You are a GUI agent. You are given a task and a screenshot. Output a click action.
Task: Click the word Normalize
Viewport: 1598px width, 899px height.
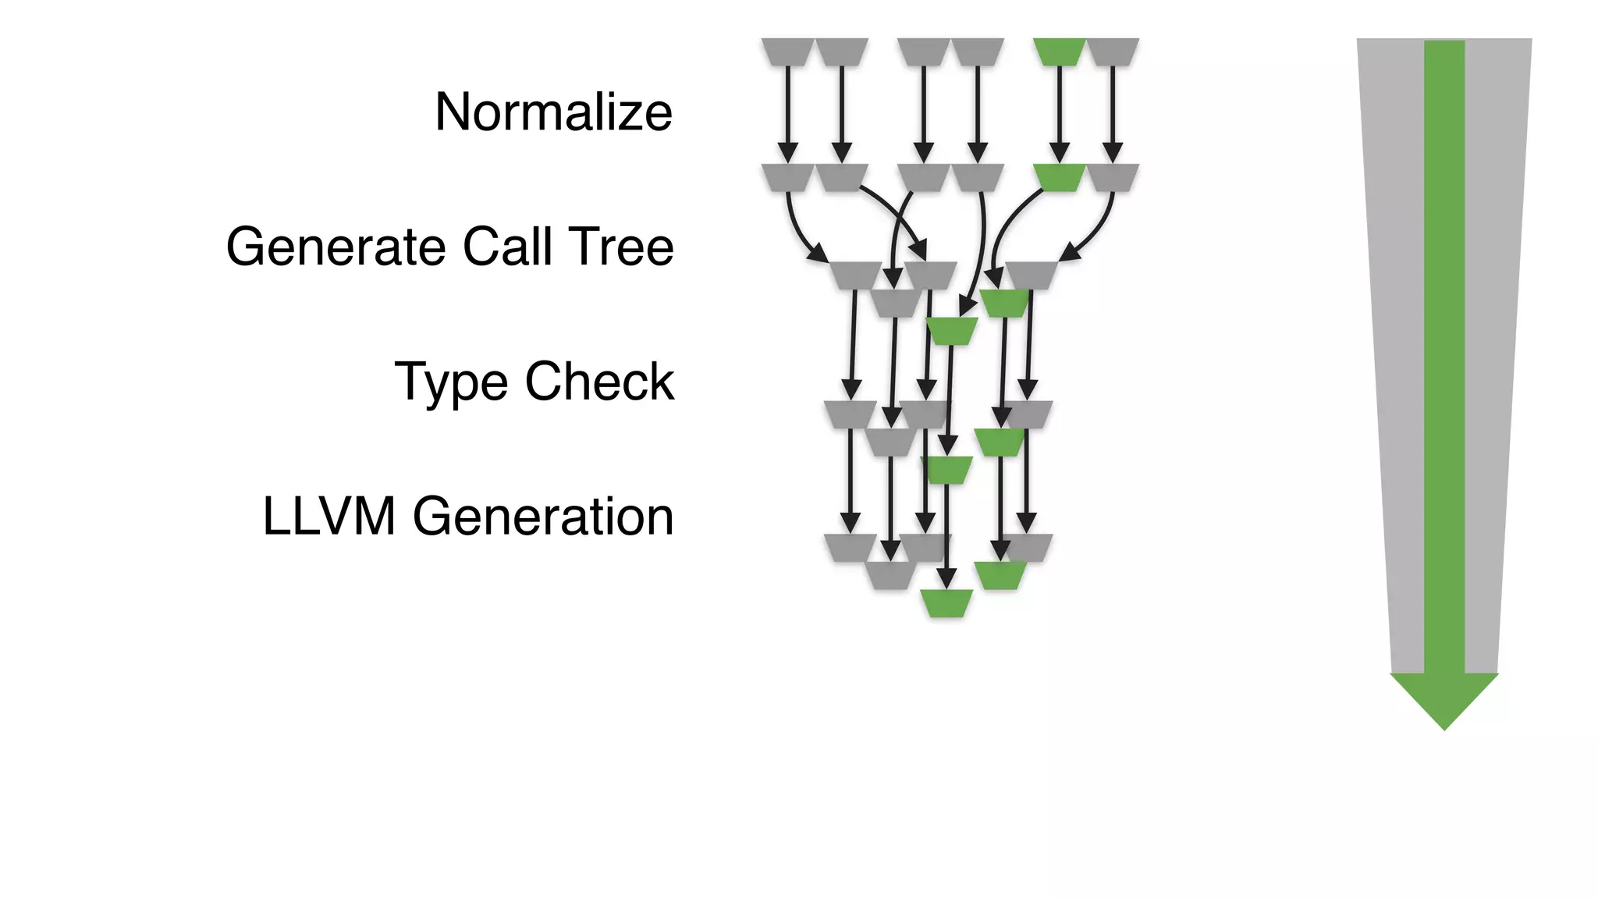click(x=553, y=112)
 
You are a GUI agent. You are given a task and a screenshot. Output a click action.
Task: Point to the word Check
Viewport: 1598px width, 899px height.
click(x=599, y=382)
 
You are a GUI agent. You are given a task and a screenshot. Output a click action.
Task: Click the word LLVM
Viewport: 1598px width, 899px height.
click(x=328, y=517)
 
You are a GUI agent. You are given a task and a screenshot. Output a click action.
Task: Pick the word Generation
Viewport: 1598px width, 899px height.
click(x=542, y=517)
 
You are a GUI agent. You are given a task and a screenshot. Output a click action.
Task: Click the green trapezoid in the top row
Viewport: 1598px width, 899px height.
click(x=1059, y=52)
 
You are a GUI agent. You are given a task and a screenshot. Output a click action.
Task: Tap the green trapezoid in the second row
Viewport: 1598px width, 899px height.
click(x=1059, y=177)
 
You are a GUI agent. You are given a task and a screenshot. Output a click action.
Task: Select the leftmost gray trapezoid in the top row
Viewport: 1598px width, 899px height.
click(x=787, y=52)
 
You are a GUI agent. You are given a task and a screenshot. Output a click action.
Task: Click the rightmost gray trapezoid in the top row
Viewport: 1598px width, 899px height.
click(x=1113, y=52)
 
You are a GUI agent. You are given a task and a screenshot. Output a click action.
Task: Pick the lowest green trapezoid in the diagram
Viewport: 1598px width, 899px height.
click(x=946, y=603)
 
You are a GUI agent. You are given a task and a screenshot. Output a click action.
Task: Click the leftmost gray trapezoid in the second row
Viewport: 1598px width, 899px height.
click(x=787, y=177)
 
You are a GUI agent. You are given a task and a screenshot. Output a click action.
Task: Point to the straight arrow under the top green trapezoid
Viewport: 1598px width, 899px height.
click(x=1059, y=109)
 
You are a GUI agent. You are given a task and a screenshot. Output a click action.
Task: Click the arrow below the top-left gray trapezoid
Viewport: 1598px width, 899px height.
click(x=787, y=109)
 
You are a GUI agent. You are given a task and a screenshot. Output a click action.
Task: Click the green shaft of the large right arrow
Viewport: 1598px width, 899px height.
click(x=1444, y=351)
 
